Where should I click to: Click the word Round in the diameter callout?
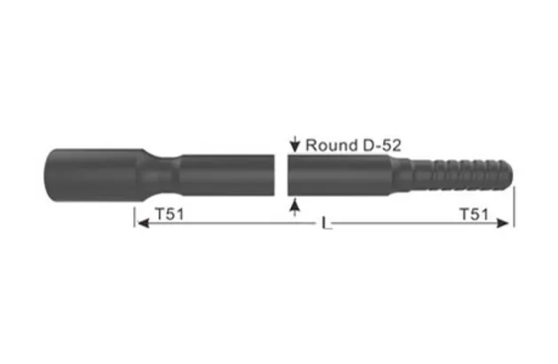[x=327, y=144]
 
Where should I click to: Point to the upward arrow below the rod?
[x=294, y=205]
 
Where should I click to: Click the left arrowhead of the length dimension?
[x=140, y=224]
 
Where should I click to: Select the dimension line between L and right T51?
[x=399, y=224]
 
